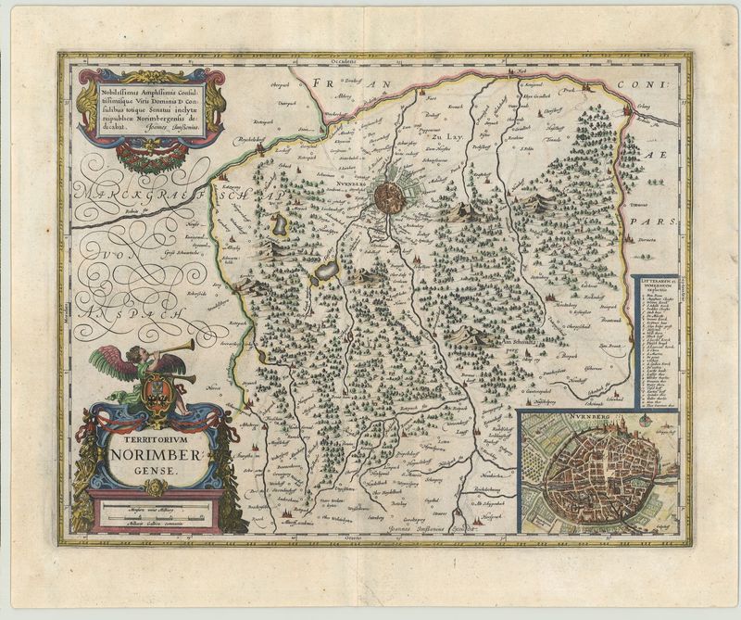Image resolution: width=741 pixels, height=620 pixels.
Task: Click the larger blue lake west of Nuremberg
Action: point(326,272)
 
